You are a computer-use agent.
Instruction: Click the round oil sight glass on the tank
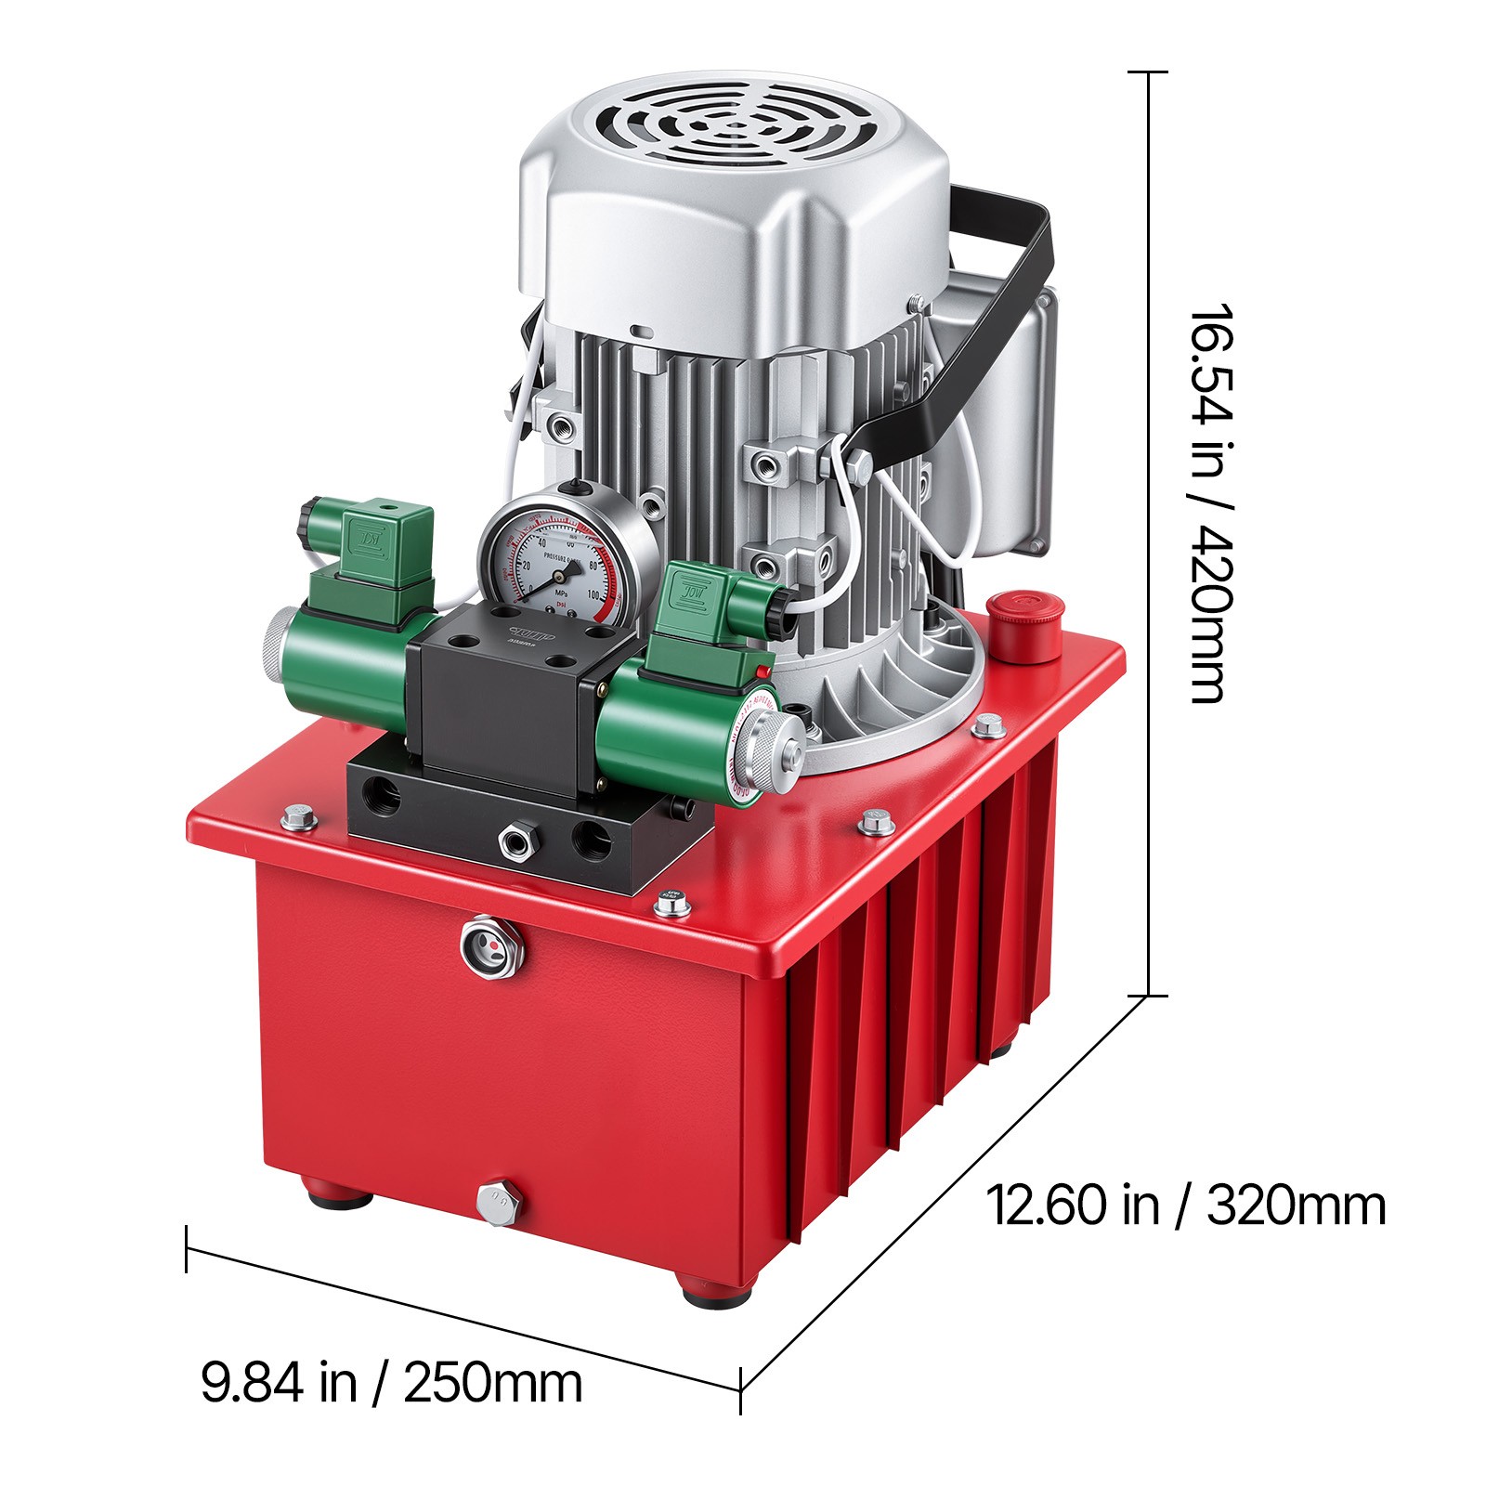coord(492,947)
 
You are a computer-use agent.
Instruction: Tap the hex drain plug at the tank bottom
coord(499,1203)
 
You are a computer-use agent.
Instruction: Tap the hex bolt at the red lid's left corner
coord(298,818)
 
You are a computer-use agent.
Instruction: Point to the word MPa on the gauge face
coord(562,591)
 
